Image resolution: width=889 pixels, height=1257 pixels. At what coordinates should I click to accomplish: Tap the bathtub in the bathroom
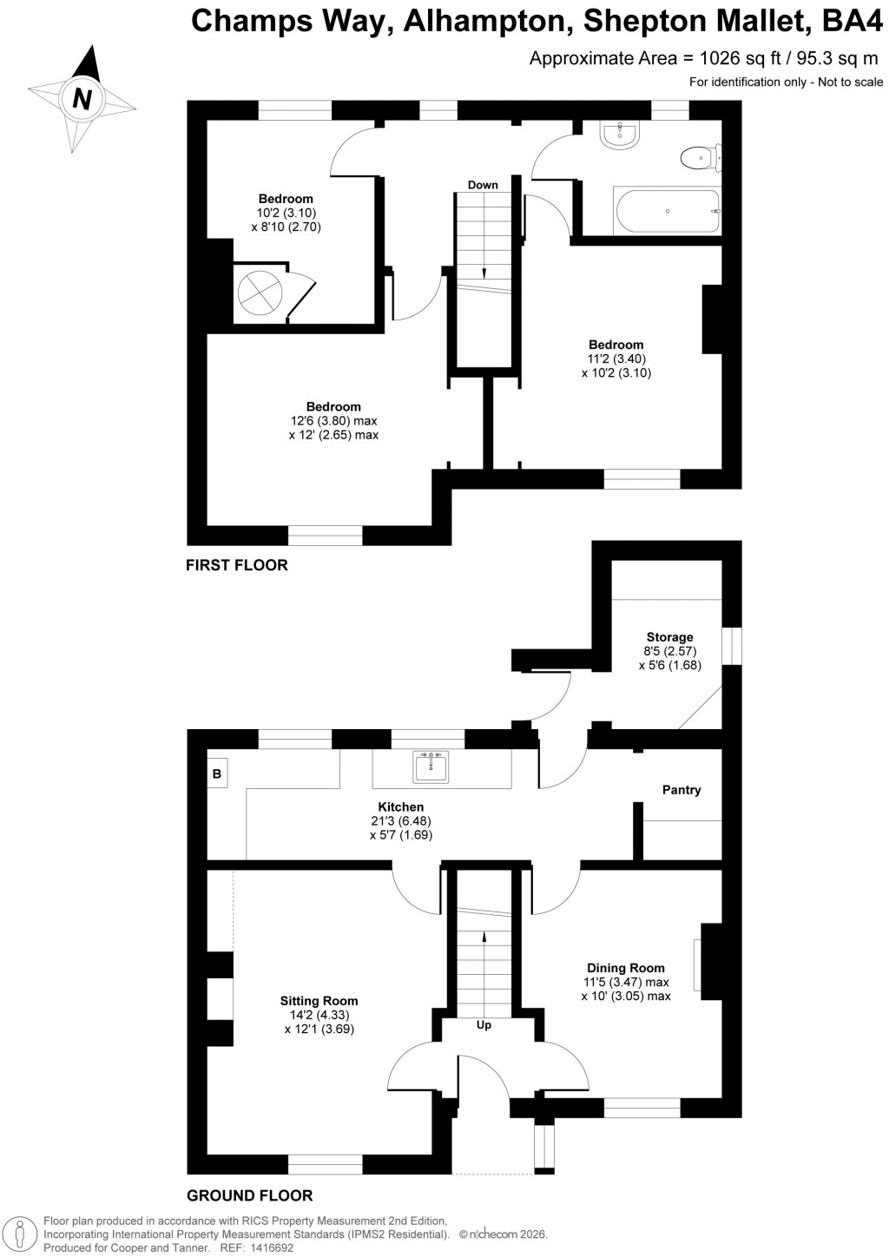coord(667,212)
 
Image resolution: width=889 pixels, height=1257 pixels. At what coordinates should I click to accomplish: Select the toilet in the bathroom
coord(697,158)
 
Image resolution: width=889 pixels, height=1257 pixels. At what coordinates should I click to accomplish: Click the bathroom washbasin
coord(621,135)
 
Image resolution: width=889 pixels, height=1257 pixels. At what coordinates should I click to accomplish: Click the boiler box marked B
coord(217,773)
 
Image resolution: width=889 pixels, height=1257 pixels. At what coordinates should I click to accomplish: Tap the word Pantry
coord(681,790)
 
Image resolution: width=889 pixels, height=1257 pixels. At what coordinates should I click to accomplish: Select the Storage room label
coord(669,637)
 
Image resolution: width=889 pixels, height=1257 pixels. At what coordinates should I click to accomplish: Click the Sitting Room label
coord(319,1001)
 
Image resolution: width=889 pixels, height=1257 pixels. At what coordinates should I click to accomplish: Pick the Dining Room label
coord(625,968)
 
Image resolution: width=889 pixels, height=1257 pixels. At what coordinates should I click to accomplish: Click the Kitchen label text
coord(400,807)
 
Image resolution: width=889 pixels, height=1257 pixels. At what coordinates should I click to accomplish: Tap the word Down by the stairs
coord(483,185)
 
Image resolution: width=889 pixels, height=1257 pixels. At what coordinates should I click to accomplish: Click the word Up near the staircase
coord(484,1025)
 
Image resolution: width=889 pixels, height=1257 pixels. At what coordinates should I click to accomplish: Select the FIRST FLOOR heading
coord(236,565)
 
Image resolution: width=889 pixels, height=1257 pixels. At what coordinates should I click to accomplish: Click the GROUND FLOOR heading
coord(249,1195)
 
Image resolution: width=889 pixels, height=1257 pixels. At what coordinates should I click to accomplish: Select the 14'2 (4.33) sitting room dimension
coord(319,1015)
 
